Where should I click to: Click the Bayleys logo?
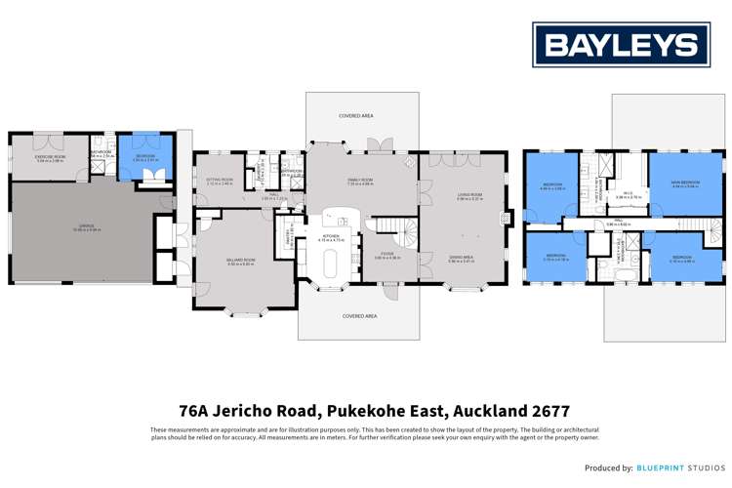pos(621,45)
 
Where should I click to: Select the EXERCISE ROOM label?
pos(49,157)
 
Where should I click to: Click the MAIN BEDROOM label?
pos(684,183)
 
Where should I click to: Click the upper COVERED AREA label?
pos(356,115)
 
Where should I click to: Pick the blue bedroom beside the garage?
pos(144,158)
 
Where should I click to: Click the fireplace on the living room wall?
pos(504,217)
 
